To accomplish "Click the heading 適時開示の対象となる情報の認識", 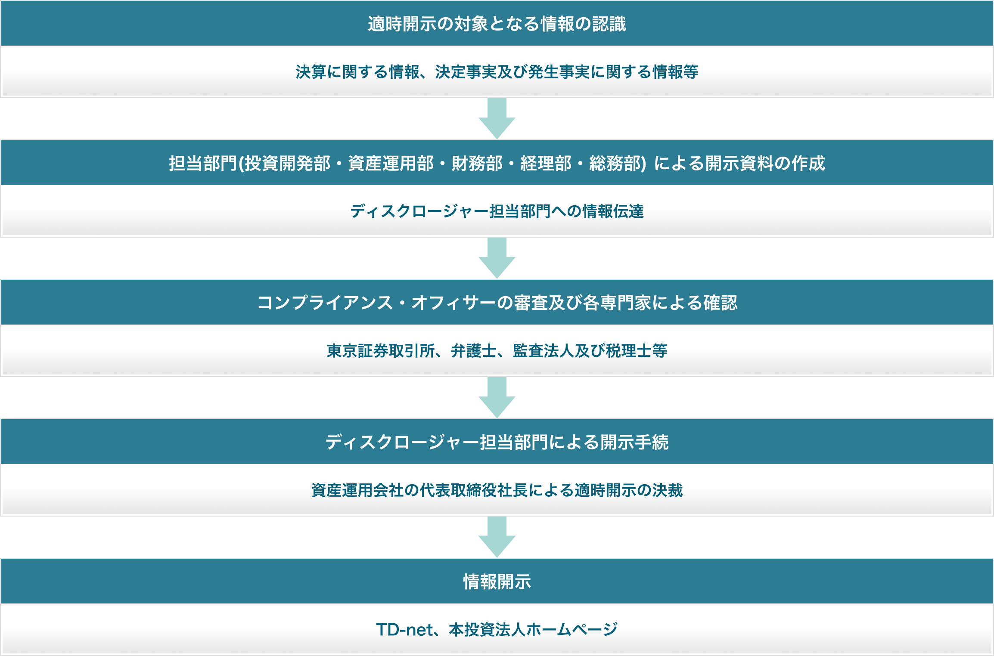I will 497,24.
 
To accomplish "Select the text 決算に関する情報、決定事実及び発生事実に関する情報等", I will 497,72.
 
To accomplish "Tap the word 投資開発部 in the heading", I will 288,164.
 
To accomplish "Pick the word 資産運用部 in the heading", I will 391,164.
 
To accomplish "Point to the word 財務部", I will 477,164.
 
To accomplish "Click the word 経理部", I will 546,164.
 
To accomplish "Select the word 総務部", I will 615,164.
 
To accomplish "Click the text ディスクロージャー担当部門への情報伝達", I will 497,211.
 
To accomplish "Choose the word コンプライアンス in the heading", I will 325,303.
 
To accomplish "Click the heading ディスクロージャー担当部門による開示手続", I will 497,442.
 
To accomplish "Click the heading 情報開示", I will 497,582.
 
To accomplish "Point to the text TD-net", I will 404,630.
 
